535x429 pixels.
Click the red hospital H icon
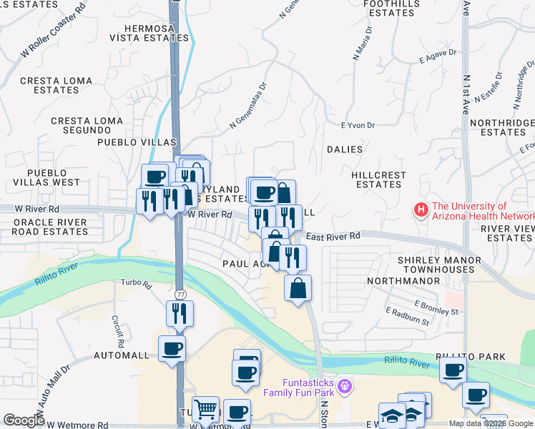[421, 211]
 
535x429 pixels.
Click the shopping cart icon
[205, 410]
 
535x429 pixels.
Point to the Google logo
[24, 420]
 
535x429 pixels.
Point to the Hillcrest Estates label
[378, 179]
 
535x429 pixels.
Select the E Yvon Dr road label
[358, 125]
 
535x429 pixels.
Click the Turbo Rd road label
[137, 285]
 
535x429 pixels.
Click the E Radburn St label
[407, 317]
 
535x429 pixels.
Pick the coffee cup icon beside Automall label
[172, 349]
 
